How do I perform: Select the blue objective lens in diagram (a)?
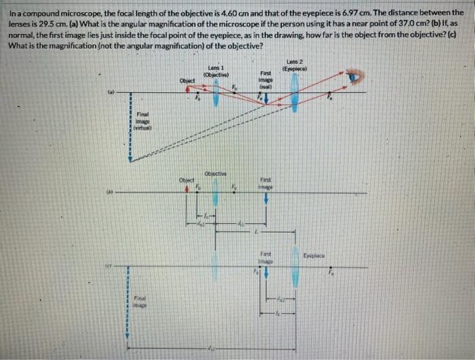click(215, 93)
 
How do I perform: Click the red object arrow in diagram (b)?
click(188, 188)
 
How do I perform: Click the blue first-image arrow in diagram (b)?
click(266, 198)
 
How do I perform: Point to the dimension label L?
click(254, 233)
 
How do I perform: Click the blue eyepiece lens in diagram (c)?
click(294, 272)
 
